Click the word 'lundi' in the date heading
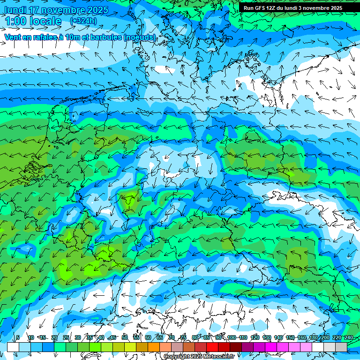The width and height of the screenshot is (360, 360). click(15, 10)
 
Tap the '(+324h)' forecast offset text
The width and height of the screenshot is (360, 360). click(83, 21)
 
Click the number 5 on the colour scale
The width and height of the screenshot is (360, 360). click(17, 337)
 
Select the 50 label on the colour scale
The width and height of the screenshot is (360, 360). click(124, 337)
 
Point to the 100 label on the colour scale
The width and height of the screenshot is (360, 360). click(232, 337)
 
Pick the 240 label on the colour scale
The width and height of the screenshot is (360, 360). click(349, 337)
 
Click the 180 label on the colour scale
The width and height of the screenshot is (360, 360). click(312, 337)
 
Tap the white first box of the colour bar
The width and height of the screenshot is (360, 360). click(13, 347)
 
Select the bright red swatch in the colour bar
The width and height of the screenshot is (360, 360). click(212, 347)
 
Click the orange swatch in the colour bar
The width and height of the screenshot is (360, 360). click(154, 347)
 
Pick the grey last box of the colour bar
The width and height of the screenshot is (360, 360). click(341, 347)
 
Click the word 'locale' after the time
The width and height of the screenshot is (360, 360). click(45, 21)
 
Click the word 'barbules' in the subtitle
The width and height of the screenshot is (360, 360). click(105, 37)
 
